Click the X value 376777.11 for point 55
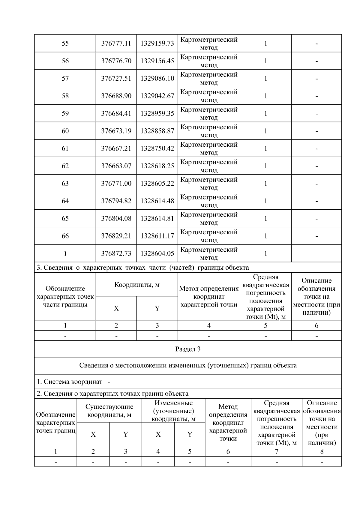116,43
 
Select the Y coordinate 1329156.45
157,61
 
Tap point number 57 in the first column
65,79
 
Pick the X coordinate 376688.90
116,96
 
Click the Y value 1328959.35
157,113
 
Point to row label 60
65,131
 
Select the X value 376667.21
116,148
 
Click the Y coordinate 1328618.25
157,166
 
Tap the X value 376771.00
116,184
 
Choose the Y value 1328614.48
157,201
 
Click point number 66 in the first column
65,236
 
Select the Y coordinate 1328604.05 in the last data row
157,253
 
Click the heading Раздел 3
188,349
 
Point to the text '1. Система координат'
70,382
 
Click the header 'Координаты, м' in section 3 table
137,285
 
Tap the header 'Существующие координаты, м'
109,411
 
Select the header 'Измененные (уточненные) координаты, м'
173,411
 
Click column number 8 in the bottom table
322,451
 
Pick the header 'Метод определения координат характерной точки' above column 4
209,297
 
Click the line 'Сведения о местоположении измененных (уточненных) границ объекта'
188,365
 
